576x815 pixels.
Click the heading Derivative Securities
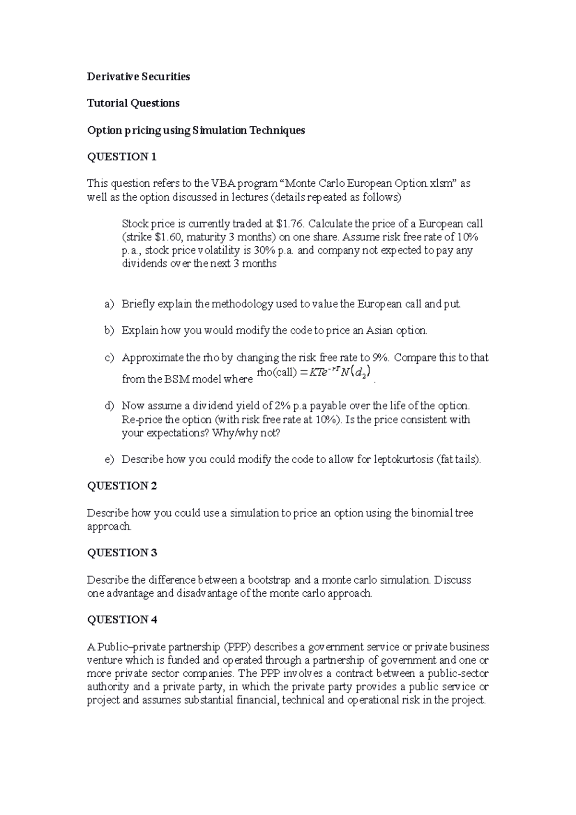click(x=138, y=77)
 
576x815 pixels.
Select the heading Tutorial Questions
click(x=133, y=103)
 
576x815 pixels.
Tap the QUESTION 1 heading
click(x=122, y=157)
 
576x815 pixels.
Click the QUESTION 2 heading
click(x=122, y=486)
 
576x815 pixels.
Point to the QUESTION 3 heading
click(x=122, y=553)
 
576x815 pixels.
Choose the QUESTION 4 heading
click(x=122, y=620)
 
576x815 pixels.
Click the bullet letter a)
click(x=109, y=304)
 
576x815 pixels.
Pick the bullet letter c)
click(x=109, y=358)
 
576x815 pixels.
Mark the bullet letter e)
click(x=109, y=459)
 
